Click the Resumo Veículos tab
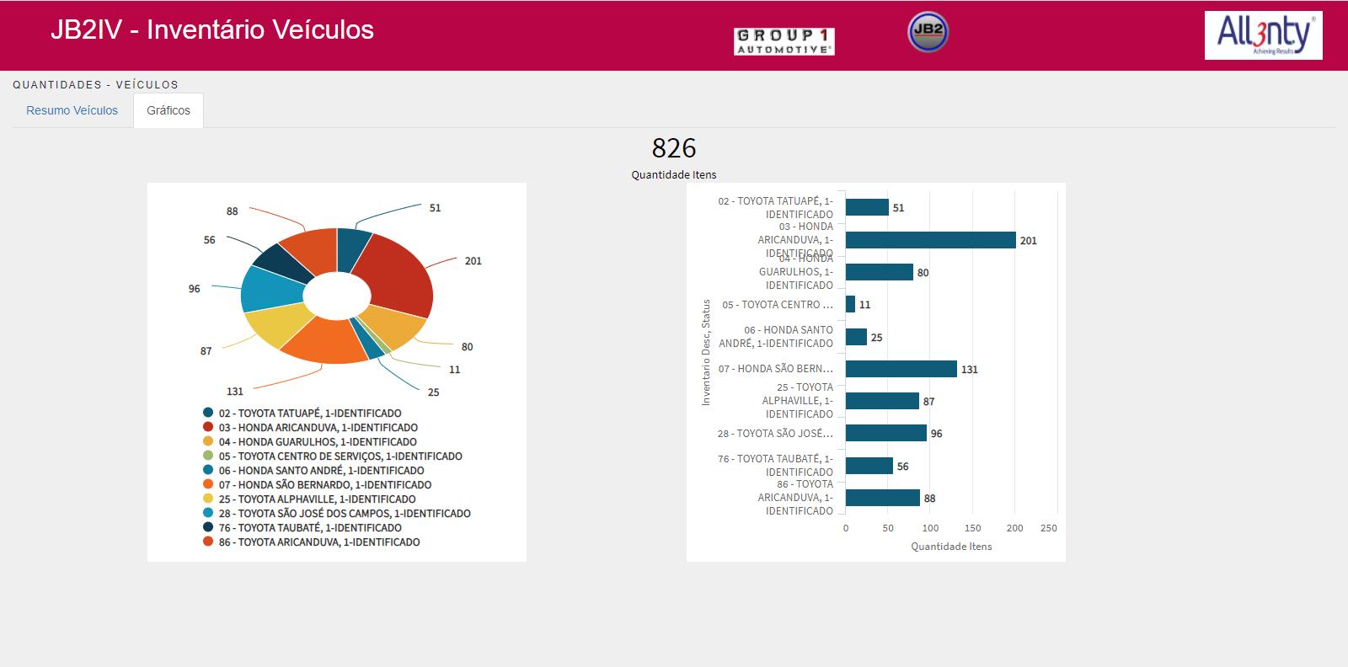click(72, 110)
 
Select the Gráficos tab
click(168, 110)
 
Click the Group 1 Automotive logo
click(784, 41)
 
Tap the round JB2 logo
click(928, 32)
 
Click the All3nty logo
click(1263, 35)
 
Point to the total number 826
click(674, 148)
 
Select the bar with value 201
click(930, 240)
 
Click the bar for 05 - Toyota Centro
click(850, 304)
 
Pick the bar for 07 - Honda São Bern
click(901, 369)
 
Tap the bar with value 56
click(869, 466)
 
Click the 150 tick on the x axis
click(972, 528)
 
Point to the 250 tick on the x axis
click(1048, 528)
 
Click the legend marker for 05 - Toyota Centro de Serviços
click(208, 456)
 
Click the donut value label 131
click(235, 392)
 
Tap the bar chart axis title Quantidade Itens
click(951, 547)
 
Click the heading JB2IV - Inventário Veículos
click(212, 29)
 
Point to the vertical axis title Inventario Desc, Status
click(706, 352)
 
